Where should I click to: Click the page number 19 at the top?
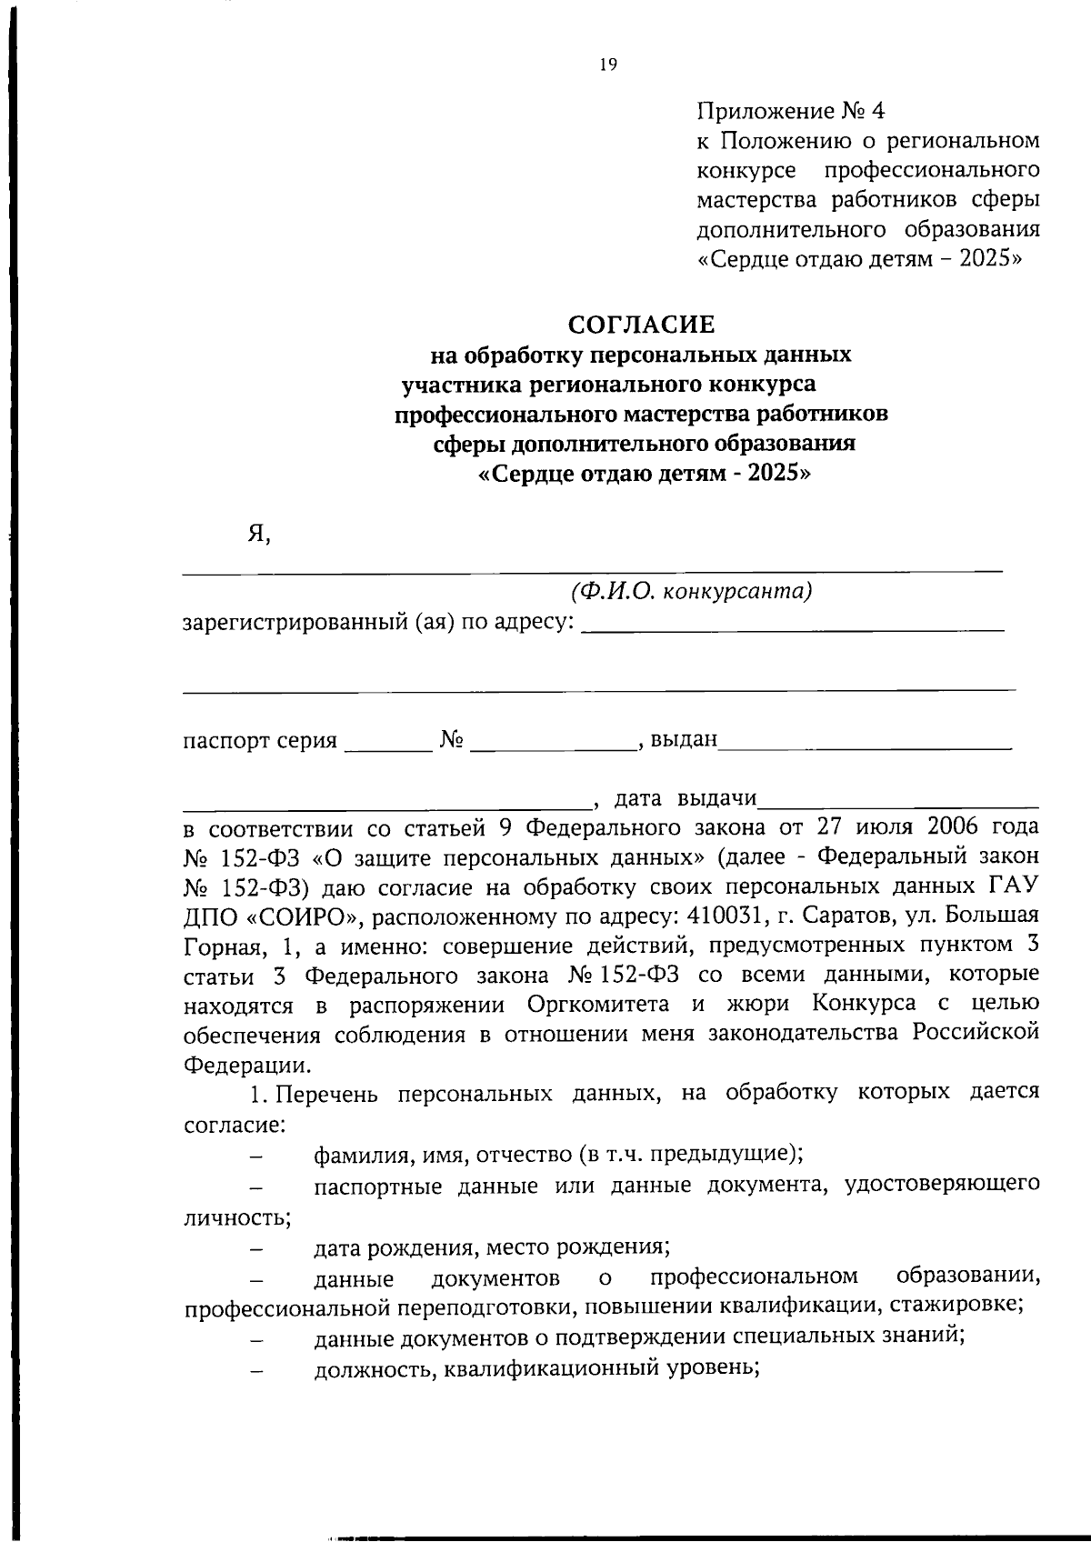pyautogui.click(x=608, y=65)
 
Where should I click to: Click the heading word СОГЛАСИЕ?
pyautogui.click(x=642, y=325)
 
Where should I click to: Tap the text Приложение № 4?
pyautogui.click(x=790, y=112)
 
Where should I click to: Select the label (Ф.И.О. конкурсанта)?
pyautogui.click(x=691, y=592)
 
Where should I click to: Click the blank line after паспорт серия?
pyautogui.click(x=388, y=747)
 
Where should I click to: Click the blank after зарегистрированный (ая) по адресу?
pyautogui.click(x=792, y=627)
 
